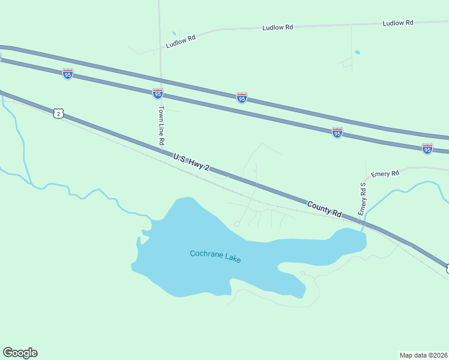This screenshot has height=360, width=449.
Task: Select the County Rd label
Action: pyautogui.click(x=325, y=209)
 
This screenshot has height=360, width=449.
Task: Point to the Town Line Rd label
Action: pyautogui.click(x=161, y=126)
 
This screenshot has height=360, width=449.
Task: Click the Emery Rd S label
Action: pyautogui.click(x=362, y=199)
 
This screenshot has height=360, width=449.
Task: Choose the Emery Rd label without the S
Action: pyautogui.click(x=385, y=174)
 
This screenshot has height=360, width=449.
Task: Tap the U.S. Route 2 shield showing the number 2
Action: pyautogui.click(x=58, y=113)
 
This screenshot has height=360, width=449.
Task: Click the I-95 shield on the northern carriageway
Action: pyautogui.click(x=241, y=97)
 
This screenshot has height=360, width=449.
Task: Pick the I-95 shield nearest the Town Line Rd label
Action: pyautogui.click(x=157, y=93)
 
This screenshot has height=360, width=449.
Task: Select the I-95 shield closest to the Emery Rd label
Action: pyautogui.click(x=427, y=148)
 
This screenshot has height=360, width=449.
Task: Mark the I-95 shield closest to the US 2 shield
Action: pyautogui.click(x=68, y=73)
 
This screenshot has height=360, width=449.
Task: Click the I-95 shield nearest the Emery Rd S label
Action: pyautogui.click(x=337, y=133)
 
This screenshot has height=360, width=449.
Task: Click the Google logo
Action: pyautogui.click(x=20, y=353)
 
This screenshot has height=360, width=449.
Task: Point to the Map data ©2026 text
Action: pyautogui.click(x=423, y=355)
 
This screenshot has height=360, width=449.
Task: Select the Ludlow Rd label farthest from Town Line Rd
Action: pyautogui.click(x=398, y=23)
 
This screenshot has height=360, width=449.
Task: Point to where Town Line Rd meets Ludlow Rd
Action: pyautogui.click(x=160, y=47)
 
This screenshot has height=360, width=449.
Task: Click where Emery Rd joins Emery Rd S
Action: pyautogui.click(x=366, y=178)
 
